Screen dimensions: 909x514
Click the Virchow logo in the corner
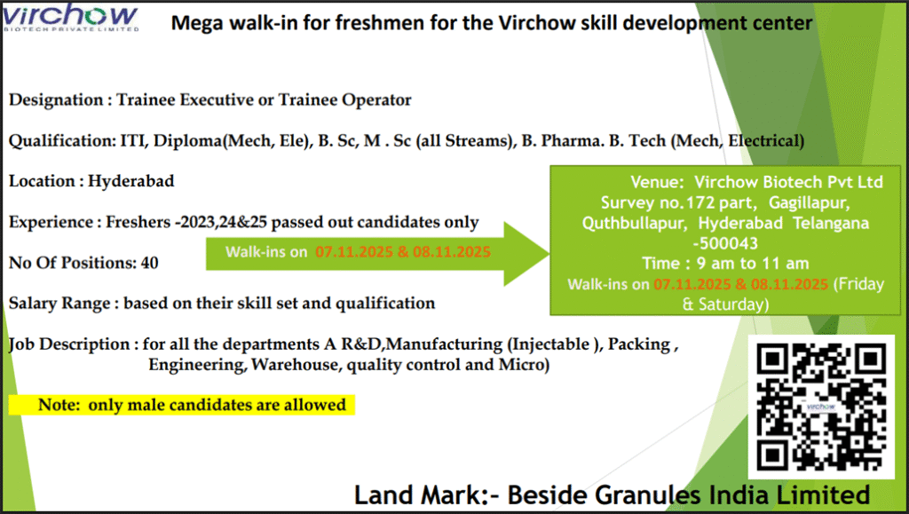pyautogui.click(x=71, y=18)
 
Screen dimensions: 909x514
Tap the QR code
pyautogui.click(x=821, y=407)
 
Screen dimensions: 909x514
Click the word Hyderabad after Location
pyautogui.click(x=131, y=181)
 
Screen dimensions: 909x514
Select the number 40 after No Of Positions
pyautogui.click(x=149, y=263)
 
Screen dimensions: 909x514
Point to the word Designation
pyautogui.click(x=56, y=100)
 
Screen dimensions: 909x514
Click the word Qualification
pyautogui.click(x=62, y=141)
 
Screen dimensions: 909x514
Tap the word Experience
pyautogui.click(x=51, y=223)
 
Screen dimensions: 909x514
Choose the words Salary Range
pyautogui.click(x=59, y=304)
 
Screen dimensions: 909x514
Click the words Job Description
pyautogui.click(x=69, y=344)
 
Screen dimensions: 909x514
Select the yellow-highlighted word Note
pyautogui.click(x=59, y=405)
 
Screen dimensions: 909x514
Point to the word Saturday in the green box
pyautogui.click(x=732, y=304)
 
